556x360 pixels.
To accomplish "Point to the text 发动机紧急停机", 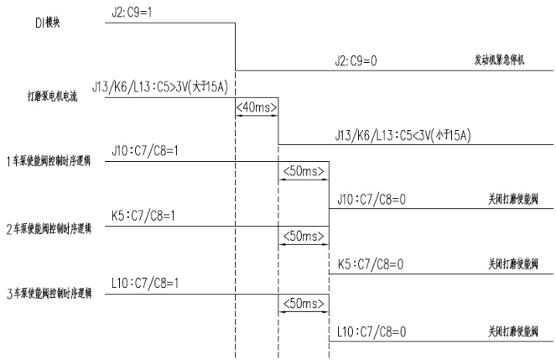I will [500, 62].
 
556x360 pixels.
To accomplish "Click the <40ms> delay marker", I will [257, 108].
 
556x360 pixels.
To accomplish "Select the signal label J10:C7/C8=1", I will [144, 151].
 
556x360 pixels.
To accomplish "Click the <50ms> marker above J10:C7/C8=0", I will [304, 172].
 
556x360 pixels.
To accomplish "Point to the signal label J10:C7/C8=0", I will [370, 200].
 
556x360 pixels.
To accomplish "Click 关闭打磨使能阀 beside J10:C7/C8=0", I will [514, 200].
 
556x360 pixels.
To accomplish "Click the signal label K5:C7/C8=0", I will [370, 263].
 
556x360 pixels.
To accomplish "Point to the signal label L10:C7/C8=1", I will [144, 285].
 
